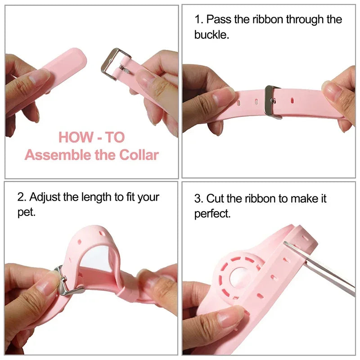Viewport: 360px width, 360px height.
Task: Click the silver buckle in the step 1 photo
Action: (272, 102)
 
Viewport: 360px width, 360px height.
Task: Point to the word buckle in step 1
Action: (211, 34)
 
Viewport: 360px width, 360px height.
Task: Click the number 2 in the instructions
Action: (20, 197)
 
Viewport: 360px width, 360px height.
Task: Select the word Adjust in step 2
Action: (45, 197)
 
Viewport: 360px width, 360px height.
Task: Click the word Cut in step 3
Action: (216, 198)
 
